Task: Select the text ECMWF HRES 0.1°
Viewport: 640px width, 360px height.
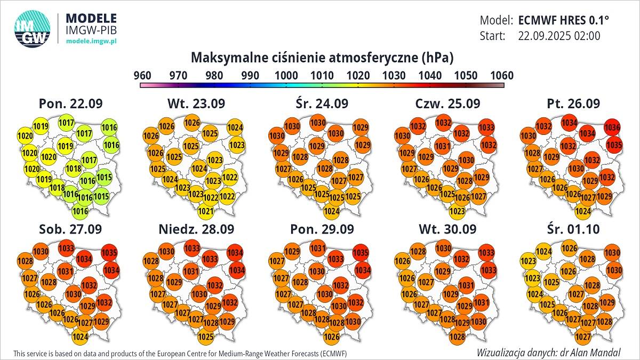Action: [x=563, y=20]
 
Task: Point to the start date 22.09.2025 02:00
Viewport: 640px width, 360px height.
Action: [x=559, y=36]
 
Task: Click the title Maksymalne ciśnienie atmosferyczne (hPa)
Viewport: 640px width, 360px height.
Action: [x=322, y=57]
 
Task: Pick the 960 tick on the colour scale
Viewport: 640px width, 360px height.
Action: [x=142, y=75]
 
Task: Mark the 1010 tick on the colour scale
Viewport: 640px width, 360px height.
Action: [x=322, y=75]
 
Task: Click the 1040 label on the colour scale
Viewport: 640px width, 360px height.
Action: [x=429, y=75]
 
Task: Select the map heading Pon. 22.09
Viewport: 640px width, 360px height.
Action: [x=71, y=103]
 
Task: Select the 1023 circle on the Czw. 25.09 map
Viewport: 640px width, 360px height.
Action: [x=457, y=212]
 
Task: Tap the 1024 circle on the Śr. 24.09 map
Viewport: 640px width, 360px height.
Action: [x=331, y=212]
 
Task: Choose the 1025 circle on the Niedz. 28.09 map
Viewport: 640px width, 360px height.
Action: [x=206, y=337]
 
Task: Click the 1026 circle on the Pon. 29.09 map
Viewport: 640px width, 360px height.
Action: [x=331, y=337]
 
